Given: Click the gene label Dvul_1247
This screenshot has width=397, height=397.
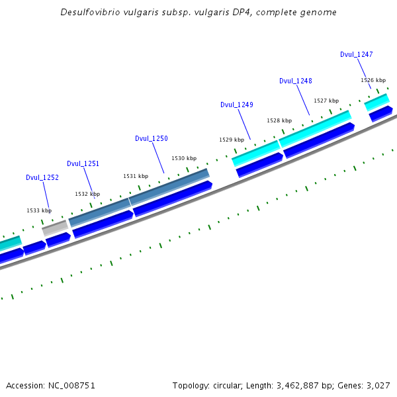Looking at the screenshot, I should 357,54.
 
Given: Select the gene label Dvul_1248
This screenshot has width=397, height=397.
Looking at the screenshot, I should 296,81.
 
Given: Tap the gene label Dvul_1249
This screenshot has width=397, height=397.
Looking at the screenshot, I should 237,105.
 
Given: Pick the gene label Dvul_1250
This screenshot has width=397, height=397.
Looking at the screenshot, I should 152,138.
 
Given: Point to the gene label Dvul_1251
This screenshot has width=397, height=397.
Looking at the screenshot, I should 83,163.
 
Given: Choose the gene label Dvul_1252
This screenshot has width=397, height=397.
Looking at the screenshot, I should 42,177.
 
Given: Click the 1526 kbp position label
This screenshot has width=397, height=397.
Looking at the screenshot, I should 373,80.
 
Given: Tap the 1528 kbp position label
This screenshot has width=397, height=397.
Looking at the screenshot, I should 279,120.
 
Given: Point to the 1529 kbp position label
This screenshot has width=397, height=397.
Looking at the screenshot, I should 232,140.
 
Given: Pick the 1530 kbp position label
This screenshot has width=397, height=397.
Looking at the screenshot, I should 184,158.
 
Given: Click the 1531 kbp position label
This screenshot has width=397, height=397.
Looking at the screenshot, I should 136,176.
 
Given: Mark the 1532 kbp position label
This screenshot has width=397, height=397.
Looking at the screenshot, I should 87,194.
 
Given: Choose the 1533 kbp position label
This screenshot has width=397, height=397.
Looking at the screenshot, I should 39,210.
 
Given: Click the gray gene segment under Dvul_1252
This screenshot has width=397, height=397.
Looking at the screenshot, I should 56,228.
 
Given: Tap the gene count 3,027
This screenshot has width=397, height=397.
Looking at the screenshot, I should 377,385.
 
